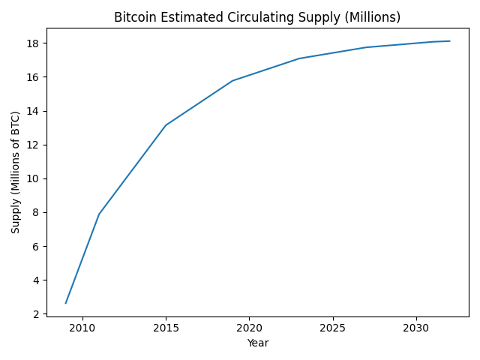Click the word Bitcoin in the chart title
tap(133, 17)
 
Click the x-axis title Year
tap(257, 343)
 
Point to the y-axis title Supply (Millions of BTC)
tap(16, 172)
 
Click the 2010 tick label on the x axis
tap(82, 328)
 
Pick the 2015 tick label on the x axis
tap(166, 328)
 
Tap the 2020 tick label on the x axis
tap(249, 328)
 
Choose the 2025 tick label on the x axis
tap(332, 328)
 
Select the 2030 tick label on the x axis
tap(415, 328)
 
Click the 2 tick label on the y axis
tap(35, 314)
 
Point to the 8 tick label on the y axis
tap(35, 212)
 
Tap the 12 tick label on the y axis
tap(32, 145)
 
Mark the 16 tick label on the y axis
tap(32, 77)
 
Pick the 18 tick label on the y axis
tap(32, 43)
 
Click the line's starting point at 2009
tap(66, 303)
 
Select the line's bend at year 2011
tap(99, 214)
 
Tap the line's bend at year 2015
tap(166, 125)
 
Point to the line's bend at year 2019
tap(232, 81)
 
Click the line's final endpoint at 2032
tap(449, 41)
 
